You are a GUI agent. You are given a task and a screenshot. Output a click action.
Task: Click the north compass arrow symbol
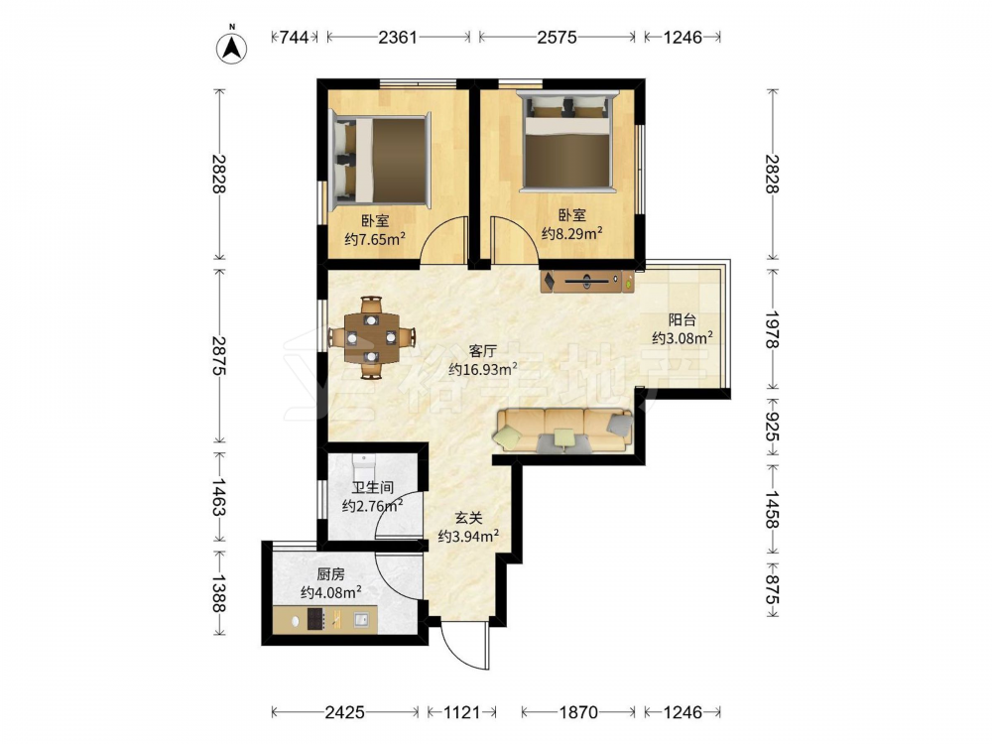pyautogui.click(x=232, y=47)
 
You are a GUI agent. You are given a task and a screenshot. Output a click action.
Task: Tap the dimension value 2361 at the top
pyautogui.click(x=398, y=38)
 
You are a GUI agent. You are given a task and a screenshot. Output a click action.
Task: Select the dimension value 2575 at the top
pyautogui.click(x=557, y=38)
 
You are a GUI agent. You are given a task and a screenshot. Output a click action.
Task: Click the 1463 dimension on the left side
pyautogui.click(x=219, y=497)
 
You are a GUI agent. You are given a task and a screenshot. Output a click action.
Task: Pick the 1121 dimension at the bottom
pyautogui.click(x=462, y=712)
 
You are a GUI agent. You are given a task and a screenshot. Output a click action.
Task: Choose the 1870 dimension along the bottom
pyautogui.click(x=578, y=712)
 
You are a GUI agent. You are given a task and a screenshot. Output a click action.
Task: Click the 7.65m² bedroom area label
pyautogui.click(x=375, y=239)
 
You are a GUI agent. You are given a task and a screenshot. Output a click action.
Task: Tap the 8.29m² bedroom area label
pyautogui.click(x=572, y=233)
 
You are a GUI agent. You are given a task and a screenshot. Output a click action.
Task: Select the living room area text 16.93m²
pyautogui.click(x=483, y=369)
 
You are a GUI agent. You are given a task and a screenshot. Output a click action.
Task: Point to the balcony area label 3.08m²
pyautogui.click(x=682, y=338)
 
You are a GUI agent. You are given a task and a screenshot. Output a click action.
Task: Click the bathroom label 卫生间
pyautogui.click(x=373, y=488)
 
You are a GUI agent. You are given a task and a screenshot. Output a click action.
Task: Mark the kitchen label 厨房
pyautogui.click(x=331, y=574)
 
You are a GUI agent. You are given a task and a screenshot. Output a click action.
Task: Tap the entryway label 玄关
pyautogui.click(x=469, y=518)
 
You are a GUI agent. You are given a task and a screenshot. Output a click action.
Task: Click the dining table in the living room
pyautogui.click(x=372, y=338)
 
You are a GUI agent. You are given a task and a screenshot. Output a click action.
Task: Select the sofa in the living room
pyautogui.click(x=563, y=431)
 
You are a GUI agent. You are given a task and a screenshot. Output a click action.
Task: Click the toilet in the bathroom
pyautogui.click(x=364, y=467)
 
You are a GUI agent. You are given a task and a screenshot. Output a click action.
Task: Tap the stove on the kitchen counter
pyautogui.click(x=316, y=619)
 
